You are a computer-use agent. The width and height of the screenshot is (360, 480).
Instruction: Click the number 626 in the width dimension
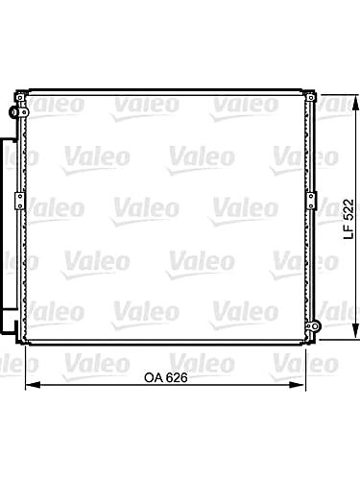coord(177,377)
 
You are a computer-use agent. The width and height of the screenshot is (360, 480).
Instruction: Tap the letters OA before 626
coord(154,377)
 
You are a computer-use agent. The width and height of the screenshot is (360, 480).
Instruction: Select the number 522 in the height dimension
coord(348,209)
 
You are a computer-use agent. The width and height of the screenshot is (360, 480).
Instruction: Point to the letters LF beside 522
coord(348,231)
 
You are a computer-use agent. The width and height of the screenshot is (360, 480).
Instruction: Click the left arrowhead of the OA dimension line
coord(33,384)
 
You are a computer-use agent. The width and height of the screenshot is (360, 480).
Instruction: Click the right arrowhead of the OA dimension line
coord(298,384)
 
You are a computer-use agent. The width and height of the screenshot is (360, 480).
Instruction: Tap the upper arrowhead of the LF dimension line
coord(355,103)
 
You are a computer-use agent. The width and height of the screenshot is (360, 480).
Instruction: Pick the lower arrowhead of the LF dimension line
coord(355,330)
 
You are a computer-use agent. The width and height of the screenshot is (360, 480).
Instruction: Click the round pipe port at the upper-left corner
coord(13,112)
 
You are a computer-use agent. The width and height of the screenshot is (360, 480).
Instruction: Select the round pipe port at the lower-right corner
coord(315,326)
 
